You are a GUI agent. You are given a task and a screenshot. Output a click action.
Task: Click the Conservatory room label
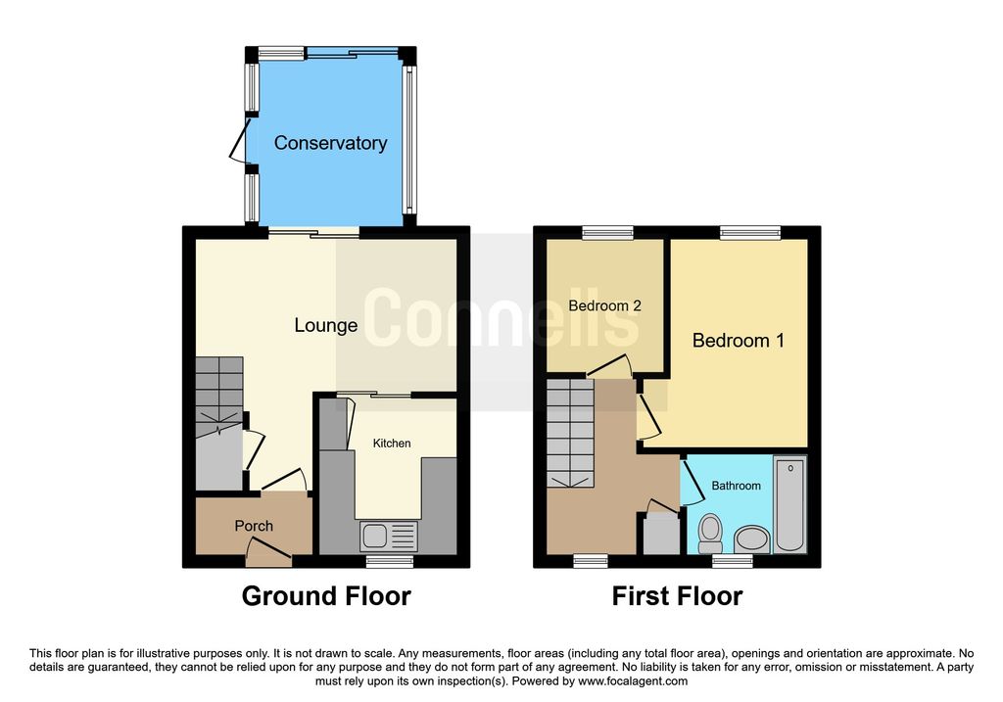[x=330, y=143]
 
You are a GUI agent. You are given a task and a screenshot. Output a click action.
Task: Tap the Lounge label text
[x=325, y=325]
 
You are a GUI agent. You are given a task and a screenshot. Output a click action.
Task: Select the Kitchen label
[x=392, y=444]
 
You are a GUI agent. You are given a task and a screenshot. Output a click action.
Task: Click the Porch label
[x=254, y=526]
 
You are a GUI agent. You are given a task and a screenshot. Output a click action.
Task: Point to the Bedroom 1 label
[x=738, y=341]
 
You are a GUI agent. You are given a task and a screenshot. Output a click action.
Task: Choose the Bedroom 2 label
[x=604, y=305]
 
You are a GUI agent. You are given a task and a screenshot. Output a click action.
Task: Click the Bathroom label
[x=736, y=486]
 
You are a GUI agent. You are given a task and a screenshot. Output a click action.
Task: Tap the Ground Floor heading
[x=326, y=595]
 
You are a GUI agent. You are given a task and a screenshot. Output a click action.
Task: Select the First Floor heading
[x=677, y=595]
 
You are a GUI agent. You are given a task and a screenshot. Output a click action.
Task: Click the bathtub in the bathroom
[x=789, y=504]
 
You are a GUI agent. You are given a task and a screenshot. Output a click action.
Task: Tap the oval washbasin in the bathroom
[x=752, y=538]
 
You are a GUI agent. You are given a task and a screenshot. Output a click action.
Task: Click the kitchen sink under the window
[x=389, y=536]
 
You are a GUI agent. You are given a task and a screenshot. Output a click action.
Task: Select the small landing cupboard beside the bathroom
[x=658, y=532]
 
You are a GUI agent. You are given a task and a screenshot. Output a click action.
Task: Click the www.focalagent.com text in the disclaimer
[x=633, y=681]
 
